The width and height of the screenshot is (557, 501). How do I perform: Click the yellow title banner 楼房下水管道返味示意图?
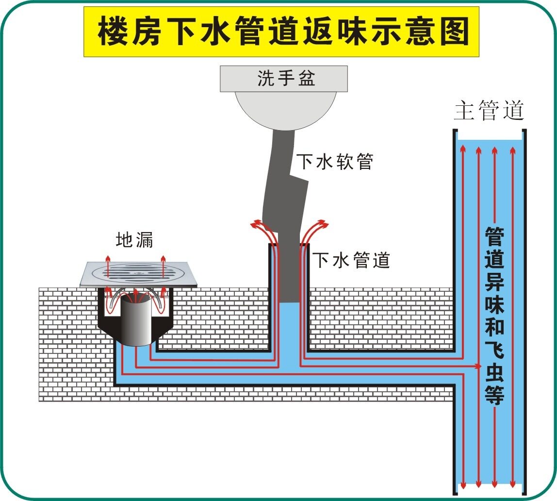coord(281,31)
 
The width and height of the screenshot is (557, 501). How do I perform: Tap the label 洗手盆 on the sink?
coord(286,78)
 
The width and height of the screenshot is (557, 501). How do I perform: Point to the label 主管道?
coord(489,110)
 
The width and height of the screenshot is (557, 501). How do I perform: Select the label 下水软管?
coord(335,162)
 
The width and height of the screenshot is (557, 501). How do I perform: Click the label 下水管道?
coord(351,260)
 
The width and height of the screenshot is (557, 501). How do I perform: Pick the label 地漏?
coord(134,240)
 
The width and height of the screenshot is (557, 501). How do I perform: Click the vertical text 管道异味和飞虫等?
coord(494,316)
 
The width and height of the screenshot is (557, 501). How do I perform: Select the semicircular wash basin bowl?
coord(285,110)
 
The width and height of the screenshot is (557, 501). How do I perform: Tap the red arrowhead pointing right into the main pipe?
coord(478,366)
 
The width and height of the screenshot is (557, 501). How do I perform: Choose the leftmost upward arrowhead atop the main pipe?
coord(463,148)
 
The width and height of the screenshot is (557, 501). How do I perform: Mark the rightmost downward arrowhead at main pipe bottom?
coord(512,484)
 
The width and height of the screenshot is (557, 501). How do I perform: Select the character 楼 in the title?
coord(112,31)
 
